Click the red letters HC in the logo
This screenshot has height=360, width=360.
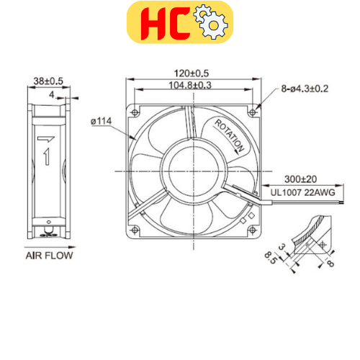(x=156, y=23)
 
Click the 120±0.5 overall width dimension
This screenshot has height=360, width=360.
(x=192, y=74)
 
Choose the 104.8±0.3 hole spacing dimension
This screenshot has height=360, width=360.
(x=192, y=86)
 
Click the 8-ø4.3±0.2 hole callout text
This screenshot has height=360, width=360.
(x=305, y=89)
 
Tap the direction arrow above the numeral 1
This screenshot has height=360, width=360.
(x=47, y=139)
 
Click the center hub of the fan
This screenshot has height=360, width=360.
(x=191, y=172)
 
